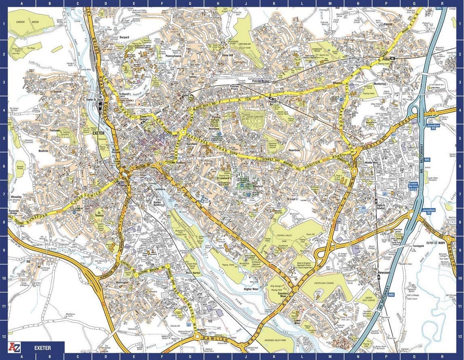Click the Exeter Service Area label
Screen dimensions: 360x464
click(x=413, y=186)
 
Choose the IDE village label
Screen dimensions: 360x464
click(x=28, y=262)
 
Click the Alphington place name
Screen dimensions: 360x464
click(x=122, y=282)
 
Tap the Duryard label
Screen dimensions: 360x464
click(x=124, y=37)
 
